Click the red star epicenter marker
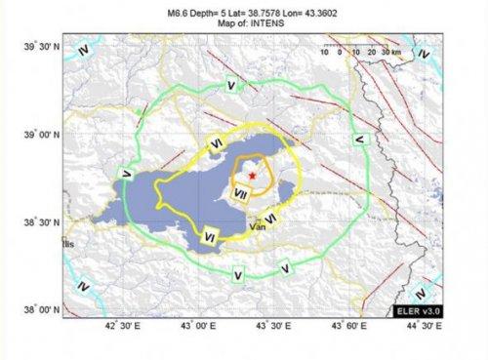tap(252, 175)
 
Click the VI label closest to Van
tap(270, 220)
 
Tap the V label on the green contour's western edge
tap(126, 173)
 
